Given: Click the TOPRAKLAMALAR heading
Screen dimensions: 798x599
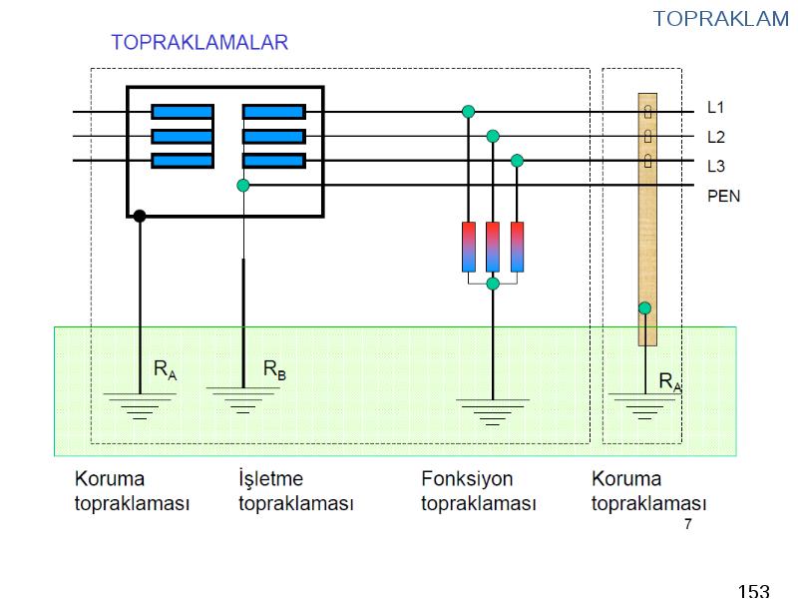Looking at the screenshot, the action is coord(199,42).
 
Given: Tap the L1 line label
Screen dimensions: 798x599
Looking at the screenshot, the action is coord(715,107).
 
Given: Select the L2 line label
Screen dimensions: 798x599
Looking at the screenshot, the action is coord(716,137).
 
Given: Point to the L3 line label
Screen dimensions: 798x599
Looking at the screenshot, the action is coord(716,166).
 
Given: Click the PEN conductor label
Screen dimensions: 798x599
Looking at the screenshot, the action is coord(724,196).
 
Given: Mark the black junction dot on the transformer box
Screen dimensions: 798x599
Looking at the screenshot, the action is coord(140,216).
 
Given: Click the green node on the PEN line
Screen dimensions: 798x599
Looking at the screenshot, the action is coord(243,186).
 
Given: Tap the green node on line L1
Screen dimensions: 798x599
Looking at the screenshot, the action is coord(468,112).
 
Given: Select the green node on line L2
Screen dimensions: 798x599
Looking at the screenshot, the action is coord(493,136).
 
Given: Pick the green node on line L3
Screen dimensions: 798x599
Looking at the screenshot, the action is coord(517,161).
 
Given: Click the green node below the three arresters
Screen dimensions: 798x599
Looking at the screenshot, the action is coord(493,284).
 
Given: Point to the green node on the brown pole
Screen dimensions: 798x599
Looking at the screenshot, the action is coord(644,308).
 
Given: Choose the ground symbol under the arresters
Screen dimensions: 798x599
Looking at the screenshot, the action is coord(493,411).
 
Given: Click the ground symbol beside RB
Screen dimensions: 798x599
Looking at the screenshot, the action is coord(243,400).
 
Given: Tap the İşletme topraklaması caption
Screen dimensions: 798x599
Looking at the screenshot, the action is coord(295,491).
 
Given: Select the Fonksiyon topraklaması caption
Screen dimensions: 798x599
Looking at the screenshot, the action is coord(479,491).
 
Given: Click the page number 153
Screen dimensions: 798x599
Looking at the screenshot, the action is coord(754,591).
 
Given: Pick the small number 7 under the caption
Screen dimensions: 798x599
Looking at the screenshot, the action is coord(688,523).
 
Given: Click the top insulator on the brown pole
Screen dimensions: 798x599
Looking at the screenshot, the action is coord(647,112).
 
